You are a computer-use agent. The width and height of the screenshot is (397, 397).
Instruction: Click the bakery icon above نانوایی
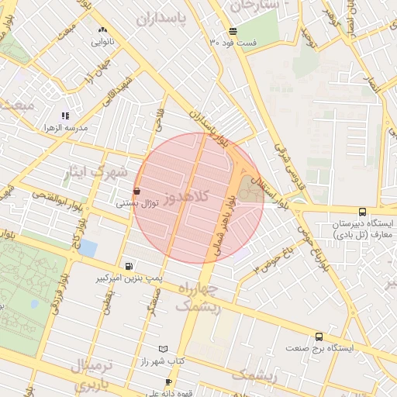(102, 29)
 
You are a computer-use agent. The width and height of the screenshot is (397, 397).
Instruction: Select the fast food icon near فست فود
(233, 31)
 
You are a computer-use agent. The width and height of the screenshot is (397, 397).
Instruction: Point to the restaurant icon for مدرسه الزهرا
(65, 116)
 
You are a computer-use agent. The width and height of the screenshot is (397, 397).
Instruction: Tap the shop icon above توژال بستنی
(137, 191)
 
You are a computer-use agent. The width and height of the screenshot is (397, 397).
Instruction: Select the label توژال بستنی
(137, 203)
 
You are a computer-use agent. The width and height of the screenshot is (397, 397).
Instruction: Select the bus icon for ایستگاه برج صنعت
(319, 337)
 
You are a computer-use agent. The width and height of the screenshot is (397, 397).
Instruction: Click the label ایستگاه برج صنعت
(319, 348)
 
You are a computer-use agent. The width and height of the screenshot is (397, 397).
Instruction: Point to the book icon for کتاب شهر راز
(163, 350)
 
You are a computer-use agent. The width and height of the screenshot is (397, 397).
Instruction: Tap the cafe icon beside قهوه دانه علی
(169, 382)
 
